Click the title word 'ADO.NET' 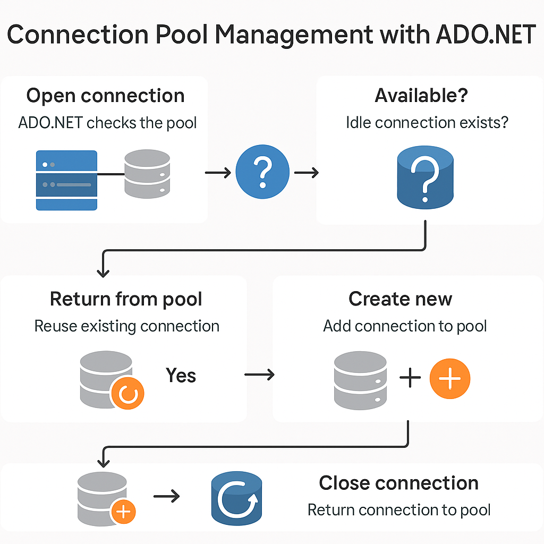[486, 35]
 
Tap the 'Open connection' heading [106, 96]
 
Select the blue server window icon [66, 180]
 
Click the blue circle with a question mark [262, 172]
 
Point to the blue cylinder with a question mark [426, 177]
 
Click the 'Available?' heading [421, 96]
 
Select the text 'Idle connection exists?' [427, 123]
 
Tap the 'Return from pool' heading [126, 299]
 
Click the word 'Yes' [181, 375]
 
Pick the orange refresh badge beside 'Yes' [127, 393]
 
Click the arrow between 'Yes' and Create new [259, 375]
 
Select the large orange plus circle [450, 378]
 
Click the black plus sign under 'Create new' [410, 378]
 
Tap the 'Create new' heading [401, 299]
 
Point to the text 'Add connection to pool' [405, 326]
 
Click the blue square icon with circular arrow [236, 498]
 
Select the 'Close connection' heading [398, 483]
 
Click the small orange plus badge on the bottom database [123, 512]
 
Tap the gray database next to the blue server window [147, 174]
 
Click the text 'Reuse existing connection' [127, 326]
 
